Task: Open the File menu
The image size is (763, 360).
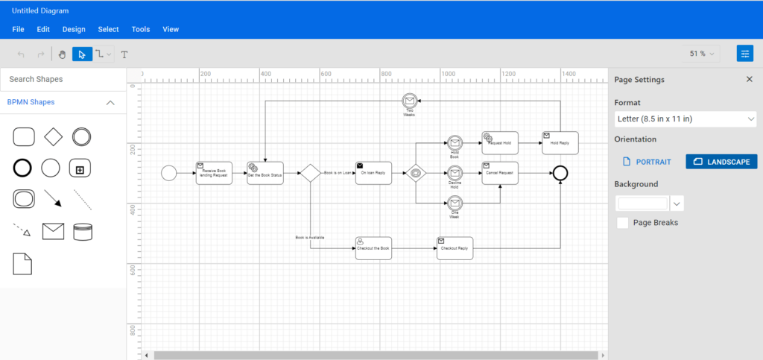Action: point(19,29)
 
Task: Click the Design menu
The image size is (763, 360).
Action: point(74,29)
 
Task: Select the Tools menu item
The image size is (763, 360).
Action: point(141,29)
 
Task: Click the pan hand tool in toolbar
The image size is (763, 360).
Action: point(63,54)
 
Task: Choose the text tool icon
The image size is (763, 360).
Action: point(124,54)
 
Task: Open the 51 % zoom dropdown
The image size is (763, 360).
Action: point(702,54)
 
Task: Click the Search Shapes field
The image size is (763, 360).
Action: point(63,79)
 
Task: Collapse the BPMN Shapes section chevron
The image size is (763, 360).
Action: point(110,102)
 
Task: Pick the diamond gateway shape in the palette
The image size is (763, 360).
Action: point(52,136)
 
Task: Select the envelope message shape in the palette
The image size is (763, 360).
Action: point(53,231)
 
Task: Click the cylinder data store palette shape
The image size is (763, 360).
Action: point(83,231)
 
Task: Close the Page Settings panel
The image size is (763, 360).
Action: point(750,80)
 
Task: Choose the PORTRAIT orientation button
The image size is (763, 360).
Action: point(647,162)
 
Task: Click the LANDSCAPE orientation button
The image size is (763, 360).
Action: point(721,162)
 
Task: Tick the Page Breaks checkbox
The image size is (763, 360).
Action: point(623,222)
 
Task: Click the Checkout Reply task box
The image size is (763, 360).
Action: point(455,248)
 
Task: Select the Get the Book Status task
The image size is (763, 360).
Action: point(265,173)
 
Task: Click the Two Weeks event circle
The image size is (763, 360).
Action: point(408,101)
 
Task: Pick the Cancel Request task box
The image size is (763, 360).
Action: point(500,173)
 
